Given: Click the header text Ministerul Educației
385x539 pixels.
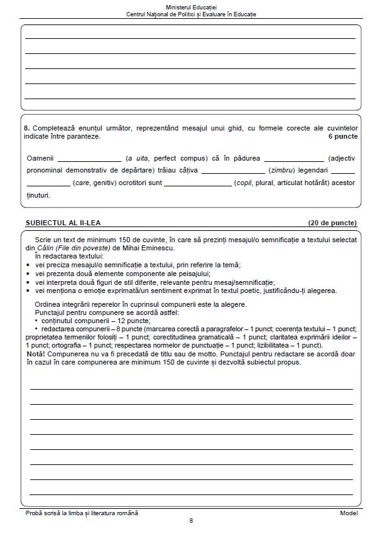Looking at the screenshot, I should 192,6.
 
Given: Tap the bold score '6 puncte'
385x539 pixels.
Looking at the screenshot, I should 343,136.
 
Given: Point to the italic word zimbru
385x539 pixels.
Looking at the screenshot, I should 279,171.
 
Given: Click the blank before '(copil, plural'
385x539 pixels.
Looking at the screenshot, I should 198,184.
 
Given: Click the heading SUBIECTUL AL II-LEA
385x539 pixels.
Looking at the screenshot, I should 67,223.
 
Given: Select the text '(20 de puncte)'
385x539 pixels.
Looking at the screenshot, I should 332,223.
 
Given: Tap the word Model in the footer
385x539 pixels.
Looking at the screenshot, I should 349,513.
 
